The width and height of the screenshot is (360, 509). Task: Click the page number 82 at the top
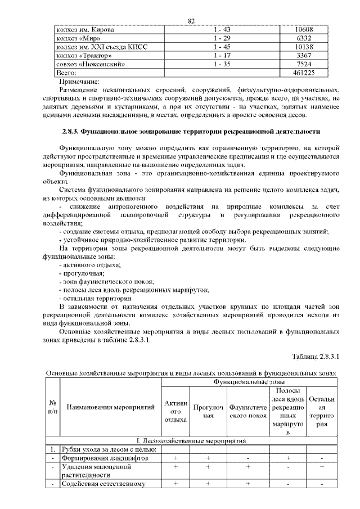(x=191, y=21)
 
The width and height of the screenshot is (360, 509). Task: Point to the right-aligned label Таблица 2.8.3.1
(x=316, y=358)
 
